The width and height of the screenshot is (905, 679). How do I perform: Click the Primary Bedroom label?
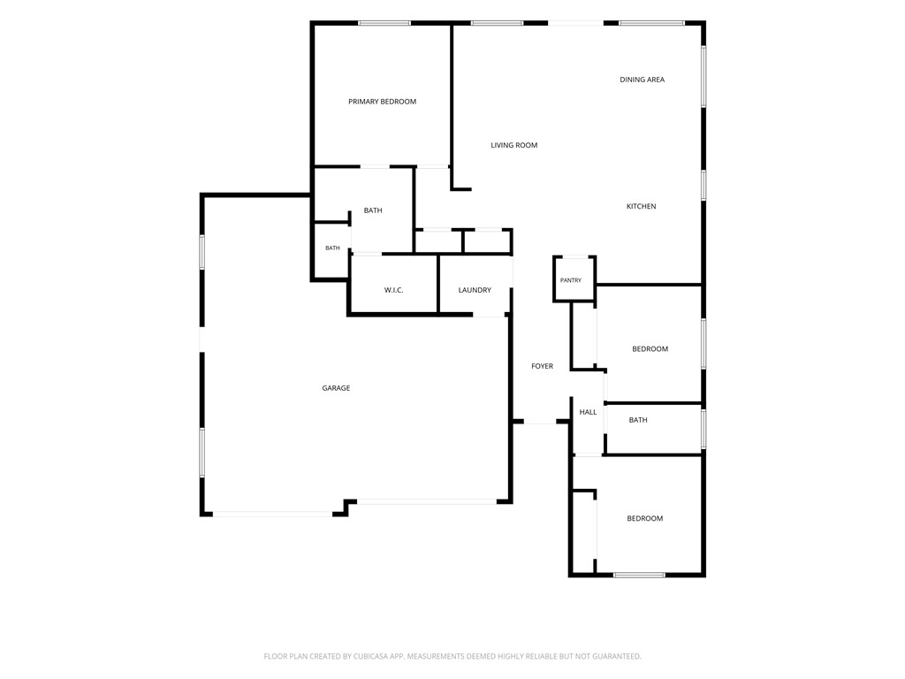(x=382, y=102)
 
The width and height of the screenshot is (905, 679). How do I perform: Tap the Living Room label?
(x=513, y=146)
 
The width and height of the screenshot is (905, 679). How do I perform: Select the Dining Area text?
(x=642, y=80)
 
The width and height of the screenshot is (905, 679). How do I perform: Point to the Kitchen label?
(x=642, y=206)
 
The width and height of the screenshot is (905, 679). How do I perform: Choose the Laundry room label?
(x=475, y=290)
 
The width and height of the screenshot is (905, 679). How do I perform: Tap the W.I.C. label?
(x=393, y=290)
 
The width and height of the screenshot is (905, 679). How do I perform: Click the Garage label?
(x=336, y=388)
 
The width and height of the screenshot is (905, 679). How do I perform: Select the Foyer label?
(x=542, y=366)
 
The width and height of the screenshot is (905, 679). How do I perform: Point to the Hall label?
(x=588, y=412)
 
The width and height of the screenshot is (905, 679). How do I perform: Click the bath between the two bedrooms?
(x=638, y=420)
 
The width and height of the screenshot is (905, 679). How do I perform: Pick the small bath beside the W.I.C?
(x=332, y=248)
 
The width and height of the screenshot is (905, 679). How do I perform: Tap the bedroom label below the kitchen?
(x=650, y=348)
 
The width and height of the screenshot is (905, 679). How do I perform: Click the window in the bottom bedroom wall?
(x=639, y=575)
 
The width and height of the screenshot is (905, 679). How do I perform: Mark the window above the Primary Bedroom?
(x=384, y=23)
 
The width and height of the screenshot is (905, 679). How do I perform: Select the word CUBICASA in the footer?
(x=381, y=657)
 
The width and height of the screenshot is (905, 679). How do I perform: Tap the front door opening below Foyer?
(x=540, y=423)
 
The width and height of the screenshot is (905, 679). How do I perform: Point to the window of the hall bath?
(x=703, y=429)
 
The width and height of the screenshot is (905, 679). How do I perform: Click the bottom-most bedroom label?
(x=644, y=518)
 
